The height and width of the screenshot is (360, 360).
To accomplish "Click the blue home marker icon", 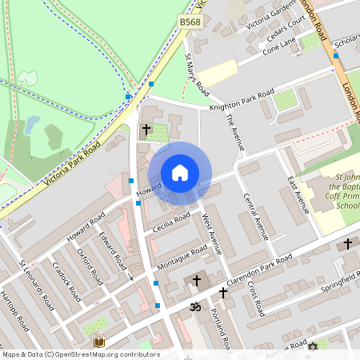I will (180, 173).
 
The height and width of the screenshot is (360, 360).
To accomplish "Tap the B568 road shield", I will (190, 22).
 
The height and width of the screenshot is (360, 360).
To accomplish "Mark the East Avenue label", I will (298, 195).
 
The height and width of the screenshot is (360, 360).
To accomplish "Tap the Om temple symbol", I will (193, 306).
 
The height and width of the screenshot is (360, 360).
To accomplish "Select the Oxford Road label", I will (88, 263).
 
